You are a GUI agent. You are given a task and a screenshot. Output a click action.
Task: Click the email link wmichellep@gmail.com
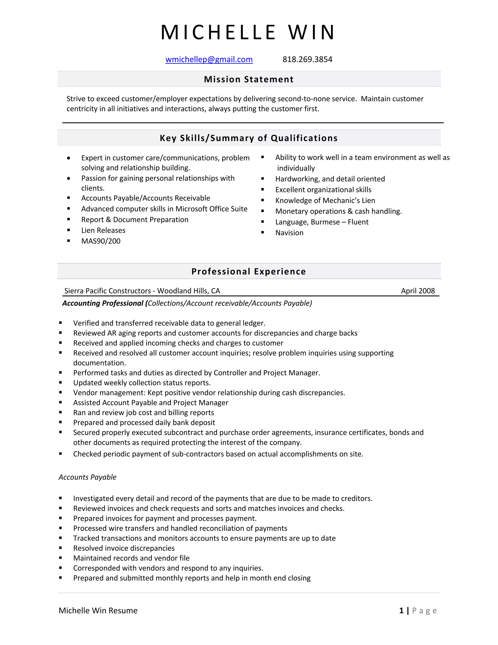(209, 59)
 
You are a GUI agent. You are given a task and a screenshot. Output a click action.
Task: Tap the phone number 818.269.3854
(307, 59)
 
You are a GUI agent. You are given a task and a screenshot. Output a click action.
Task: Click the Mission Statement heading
(249, 79)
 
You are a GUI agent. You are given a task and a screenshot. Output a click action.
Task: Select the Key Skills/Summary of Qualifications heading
(249, 138)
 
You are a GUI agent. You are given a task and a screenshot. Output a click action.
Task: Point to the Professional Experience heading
(249, 271)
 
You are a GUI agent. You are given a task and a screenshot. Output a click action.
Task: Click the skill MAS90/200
(101, 241)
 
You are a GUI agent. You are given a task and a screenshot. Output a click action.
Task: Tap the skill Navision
(289, 233)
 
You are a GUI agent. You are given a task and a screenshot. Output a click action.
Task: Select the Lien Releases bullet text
(103, 230)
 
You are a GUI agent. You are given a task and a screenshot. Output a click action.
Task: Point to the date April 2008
(418, 291)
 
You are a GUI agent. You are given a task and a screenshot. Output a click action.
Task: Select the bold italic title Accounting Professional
(103, 303)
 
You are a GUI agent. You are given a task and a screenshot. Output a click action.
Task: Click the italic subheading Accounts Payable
(87, 477)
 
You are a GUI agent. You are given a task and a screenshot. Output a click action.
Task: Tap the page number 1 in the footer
(401, 610)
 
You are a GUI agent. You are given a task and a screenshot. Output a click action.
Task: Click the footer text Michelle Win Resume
(98, 610)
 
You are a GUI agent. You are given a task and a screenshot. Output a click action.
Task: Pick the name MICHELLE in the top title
(218, 32)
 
